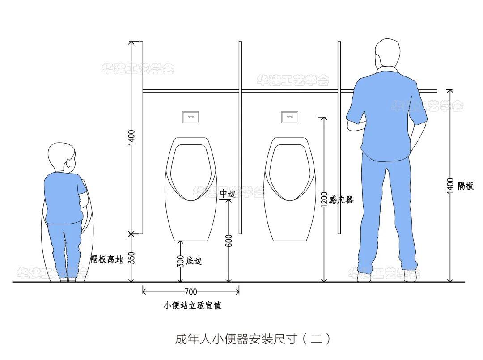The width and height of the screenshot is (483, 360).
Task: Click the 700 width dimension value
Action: (x=191, y=292)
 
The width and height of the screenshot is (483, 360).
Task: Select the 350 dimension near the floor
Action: (x=131, y=258)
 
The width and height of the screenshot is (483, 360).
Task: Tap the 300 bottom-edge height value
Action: (x=181, y=261)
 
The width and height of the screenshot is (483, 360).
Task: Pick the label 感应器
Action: (x=341, y=200)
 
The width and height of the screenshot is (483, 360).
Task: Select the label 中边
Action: (x=227, y=194)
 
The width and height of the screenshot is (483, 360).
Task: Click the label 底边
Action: (x=194, y=261)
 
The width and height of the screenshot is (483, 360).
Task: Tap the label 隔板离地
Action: (x=106, y=259)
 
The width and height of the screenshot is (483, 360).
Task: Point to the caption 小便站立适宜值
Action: (x=192, y=306)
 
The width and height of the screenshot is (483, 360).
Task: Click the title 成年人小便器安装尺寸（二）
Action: (x=253, y=338)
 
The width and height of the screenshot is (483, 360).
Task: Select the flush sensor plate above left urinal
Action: (x=191, y=117)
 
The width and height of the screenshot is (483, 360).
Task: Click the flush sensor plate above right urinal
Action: (x=289, y=117)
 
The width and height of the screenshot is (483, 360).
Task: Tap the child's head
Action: (x=62, y=157)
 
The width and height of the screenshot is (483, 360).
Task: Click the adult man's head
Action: (x=387, y=55)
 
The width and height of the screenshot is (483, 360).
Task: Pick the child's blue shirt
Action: (x=64, y=197)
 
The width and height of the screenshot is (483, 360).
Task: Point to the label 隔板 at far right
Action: (x=466, y=186)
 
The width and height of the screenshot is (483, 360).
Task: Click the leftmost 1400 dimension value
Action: (x=131, y=138)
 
